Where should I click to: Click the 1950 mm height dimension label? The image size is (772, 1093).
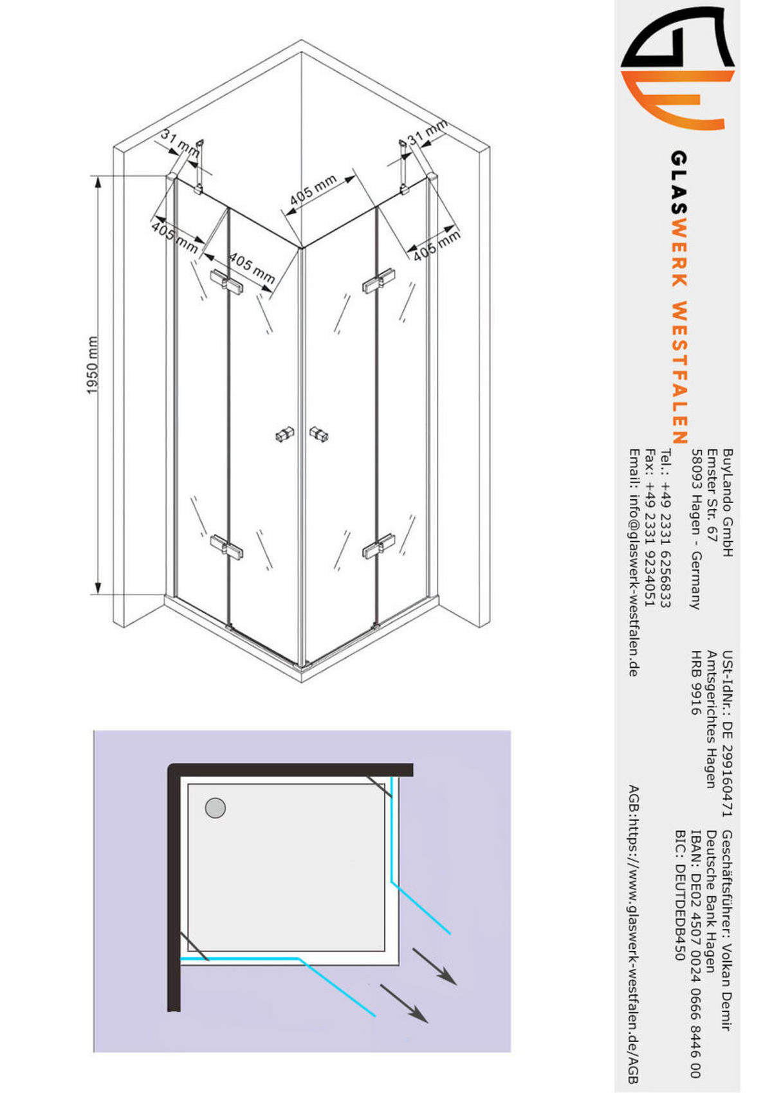click(x=93, y=365)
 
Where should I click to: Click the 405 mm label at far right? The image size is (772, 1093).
click(x=437, y=246)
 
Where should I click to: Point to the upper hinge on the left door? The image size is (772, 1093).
click(x=226, y=283)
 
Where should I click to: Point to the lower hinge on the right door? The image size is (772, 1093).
click(x=378, y=546)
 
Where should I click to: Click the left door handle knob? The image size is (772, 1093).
click(x=284, y=435)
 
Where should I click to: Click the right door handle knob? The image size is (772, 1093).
click(x=318, y=434)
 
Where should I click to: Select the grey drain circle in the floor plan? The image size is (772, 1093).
click(x=216, y=807)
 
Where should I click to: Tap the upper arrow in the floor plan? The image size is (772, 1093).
click(x=434, y=966)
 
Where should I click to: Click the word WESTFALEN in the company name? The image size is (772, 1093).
click(x=679, y=372)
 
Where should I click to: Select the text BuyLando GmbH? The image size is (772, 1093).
click(x=728, y=502)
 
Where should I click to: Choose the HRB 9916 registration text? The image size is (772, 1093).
click(x=696, y=683)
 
